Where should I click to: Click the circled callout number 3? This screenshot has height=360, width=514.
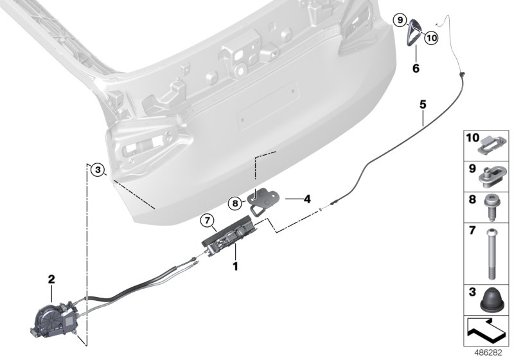pyautogui.click(x=96, y=170)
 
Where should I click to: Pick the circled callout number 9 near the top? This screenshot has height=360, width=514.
pyautogui.click(x=400, y=21)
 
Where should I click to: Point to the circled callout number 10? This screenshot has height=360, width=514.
pyautogui.click(x=430, y=38)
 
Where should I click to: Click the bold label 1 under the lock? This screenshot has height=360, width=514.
pyautogui.click(x=236, y=265)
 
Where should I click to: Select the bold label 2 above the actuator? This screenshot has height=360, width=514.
pyautogui.click(x=52, y=280)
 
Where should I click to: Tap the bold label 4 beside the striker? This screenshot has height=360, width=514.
pyautogui.click(x=307, y=199)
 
